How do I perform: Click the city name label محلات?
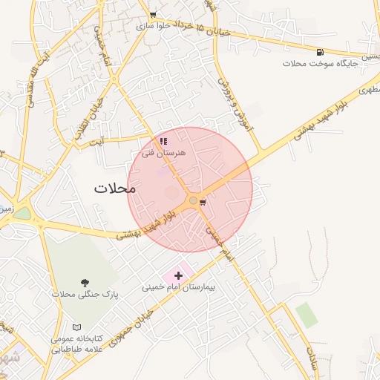115,189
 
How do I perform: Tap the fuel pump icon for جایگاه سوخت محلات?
320,52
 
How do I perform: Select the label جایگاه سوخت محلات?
321,64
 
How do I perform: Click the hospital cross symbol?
178,275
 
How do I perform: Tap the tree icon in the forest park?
85,283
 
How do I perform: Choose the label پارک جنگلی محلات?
85,295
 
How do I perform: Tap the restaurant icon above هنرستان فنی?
163,141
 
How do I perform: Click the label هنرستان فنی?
163,152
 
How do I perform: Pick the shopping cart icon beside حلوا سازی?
153,15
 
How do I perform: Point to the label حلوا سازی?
154,25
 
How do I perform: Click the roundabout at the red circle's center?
193,200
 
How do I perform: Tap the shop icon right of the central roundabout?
203,201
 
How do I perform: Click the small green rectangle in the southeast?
306,315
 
